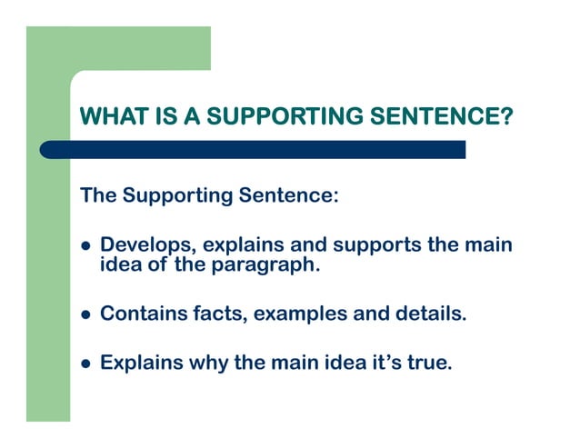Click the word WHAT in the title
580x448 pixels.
pos(109,117)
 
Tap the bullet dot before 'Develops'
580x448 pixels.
pos(86,247)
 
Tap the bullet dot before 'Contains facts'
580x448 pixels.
pos(86,316)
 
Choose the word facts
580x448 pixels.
pos(218,314)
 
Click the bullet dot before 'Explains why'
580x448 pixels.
pos(86,363)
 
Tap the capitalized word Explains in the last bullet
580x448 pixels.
pos(141,363)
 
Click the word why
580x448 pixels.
pos(209,363)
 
